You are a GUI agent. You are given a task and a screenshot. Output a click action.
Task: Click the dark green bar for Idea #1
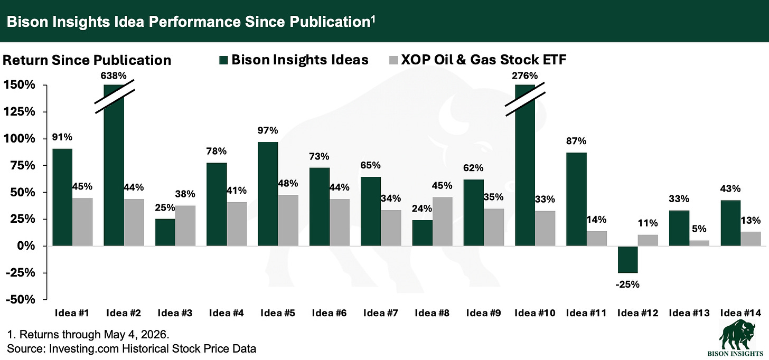(62, 197)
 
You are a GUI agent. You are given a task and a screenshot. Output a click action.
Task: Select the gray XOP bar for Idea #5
(288, 220)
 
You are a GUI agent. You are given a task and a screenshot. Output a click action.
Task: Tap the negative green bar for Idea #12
(628, 260)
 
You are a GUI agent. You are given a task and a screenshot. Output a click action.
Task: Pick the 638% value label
(114, 75)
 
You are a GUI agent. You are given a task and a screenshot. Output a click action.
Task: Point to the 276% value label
(524, 75)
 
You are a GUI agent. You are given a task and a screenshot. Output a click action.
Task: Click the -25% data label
(627, 285)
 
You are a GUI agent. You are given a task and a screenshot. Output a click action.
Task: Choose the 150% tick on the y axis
(20, 85)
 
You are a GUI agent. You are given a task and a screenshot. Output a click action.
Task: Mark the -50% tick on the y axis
(20, 300)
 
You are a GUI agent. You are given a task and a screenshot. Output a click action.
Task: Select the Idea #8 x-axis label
(432, 313)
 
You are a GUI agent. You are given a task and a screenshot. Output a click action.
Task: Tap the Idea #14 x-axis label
(741, 313)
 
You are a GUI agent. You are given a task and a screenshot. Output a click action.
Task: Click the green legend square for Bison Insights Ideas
(223, 60)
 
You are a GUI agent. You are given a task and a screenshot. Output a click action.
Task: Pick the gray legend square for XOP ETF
(393, 60)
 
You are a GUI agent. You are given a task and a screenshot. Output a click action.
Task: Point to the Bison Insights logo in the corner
(737, 338)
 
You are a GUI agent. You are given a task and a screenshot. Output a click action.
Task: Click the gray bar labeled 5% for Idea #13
(699, 243)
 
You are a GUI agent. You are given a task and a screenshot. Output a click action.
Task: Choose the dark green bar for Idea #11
(576, 200)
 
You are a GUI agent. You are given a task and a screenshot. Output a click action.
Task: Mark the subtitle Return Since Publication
(87, 60)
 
